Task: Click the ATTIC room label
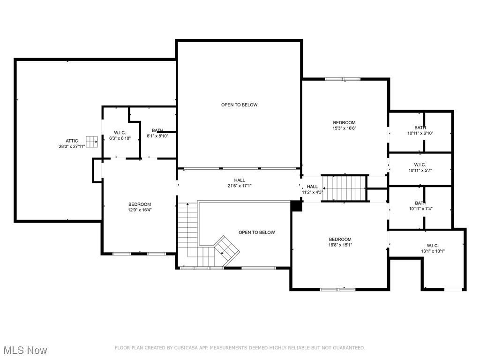click(x=72, y=141)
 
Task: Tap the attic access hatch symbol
click(x=91, y=142)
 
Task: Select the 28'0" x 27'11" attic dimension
click(x=72, y=146)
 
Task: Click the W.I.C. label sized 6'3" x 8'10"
click(x=120, y=133)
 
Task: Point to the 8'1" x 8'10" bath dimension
click(x=157, y=136)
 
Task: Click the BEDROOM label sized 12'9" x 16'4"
click(x=140, y=204)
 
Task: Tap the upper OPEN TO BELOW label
click(x=240, y=105)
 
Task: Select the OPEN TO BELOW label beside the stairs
click(x=256, y=232)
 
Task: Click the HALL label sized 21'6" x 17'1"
click(x=240, y=180)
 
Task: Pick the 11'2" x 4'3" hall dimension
click(x=313, y=192)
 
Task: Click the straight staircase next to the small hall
click(x=345, y=188)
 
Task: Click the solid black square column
click(x=296, y=206)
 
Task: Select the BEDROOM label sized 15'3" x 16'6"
click(x=345, y=122)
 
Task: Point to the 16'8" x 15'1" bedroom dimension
click(x=340, y=245)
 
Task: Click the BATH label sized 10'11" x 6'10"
click(x=420, y=127)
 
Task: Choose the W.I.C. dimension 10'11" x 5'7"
click(x=420, y=171)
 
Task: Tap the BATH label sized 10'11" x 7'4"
click(x=420, y=203)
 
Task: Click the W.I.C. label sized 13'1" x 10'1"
click(x=433, y=246)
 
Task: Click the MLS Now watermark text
click(x=25, y=350)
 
